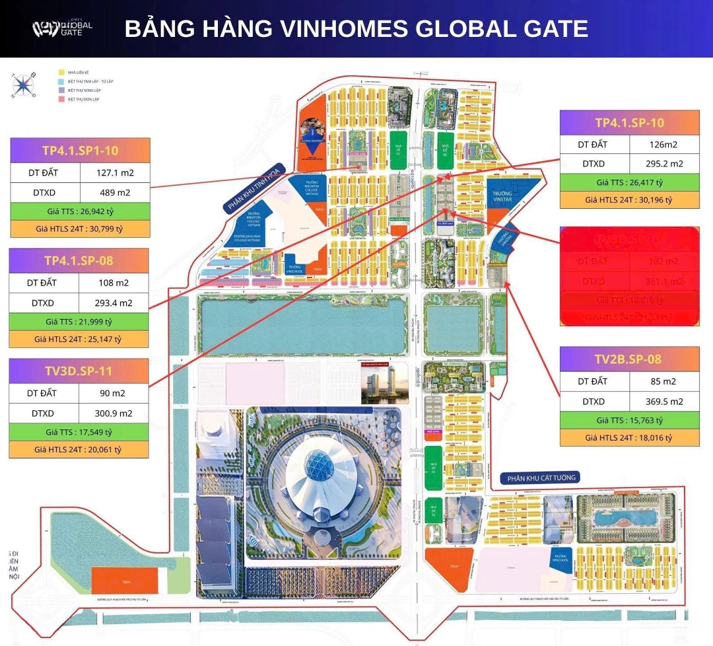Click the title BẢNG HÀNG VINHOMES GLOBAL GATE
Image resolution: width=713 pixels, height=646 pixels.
(x=356, y=29)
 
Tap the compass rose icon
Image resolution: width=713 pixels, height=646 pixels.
(x=24, y=85)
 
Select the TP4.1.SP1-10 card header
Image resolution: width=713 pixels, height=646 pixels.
(x=81, y=151)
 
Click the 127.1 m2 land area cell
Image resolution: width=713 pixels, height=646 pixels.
(x=115, y=172)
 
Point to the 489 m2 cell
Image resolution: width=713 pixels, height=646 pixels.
(x=115, y=193)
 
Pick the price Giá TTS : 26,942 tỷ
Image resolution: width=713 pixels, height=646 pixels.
(x=80, y=212)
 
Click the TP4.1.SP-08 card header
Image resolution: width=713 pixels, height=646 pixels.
(x=79, y=260)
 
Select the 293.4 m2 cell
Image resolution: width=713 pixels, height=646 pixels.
(x=114, y=303)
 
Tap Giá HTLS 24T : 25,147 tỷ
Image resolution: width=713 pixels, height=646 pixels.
(x=79, y=340)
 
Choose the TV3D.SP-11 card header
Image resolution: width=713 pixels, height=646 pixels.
(x=79, y=371)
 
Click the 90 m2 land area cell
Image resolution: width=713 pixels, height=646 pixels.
(x=114, y=393)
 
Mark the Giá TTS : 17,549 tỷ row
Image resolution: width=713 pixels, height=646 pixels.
(x=79, y=432)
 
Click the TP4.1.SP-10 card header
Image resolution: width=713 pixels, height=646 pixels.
(x=629, y=123)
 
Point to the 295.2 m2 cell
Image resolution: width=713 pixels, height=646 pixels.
(x=663, y=164)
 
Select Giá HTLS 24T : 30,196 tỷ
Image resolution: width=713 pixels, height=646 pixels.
(x=629, y=199)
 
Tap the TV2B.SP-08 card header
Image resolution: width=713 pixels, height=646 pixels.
(x=629, y=359)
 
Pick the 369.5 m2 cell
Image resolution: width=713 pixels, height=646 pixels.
(x=663, y=401)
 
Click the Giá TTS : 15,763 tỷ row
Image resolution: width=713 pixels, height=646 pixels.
(x=629, y=419)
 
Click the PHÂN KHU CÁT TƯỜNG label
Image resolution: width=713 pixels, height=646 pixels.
(x=539, y=478)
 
